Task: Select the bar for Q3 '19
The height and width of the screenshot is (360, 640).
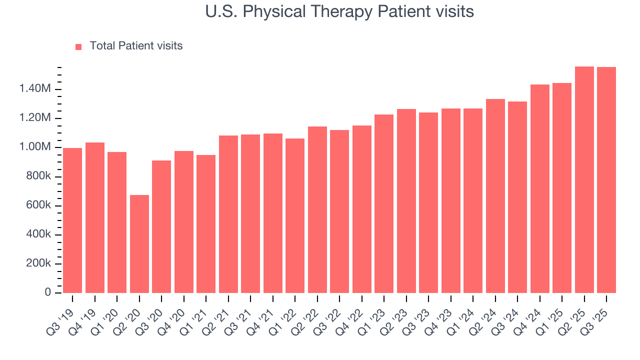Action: (72, 220)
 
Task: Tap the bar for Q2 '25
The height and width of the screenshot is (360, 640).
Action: (584, 180)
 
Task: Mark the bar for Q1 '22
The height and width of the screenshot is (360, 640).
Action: (295, 215)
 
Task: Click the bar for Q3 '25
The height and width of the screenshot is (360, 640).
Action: (606, 180)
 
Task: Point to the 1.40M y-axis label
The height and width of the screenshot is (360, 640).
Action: (35, 89)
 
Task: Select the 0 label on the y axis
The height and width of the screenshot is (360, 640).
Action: (48, 292)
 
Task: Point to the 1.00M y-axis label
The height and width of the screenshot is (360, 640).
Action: (35, 147)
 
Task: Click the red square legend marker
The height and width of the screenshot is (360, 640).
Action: (78, 46)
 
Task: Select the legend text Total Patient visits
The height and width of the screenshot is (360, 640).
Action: (136, 46)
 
